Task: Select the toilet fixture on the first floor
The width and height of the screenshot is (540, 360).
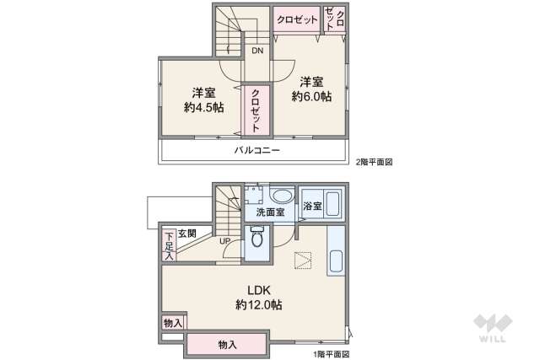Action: point(256,237)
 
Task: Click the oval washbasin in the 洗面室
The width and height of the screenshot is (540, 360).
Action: point(282,197)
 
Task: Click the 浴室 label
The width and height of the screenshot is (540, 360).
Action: point(312,206)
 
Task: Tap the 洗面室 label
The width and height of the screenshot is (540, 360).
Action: point(269,212)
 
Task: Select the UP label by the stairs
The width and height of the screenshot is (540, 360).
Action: point(225,241)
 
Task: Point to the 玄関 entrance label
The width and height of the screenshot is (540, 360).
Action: point(186,234)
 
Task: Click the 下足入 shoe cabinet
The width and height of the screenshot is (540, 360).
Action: point(169,244)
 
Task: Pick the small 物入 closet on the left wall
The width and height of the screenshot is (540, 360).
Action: point(172,322)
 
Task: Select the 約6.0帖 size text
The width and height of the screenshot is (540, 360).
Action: point(311,97)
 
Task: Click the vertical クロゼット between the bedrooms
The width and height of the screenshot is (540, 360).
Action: point(256,110)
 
